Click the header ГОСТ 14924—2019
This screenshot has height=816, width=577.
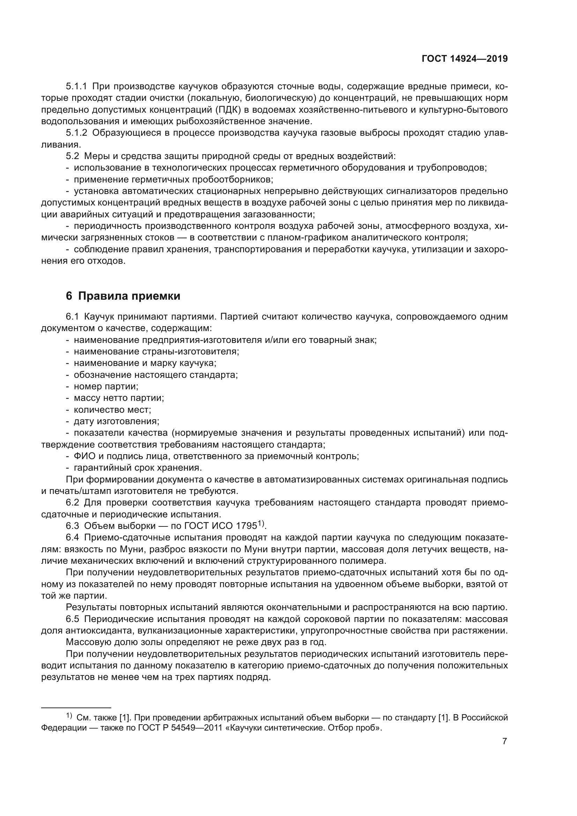pos(464,59)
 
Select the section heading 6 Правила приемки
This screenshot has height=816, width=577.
pos(123,296)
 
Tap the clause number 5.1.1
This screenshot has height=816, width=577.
pos(76,87)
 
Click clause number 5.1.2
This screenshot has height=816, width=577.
pos(76,133)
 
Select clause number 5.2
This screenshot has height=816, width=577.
pos(73,156)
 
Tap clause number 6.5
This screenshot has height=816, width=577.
pos(73,619)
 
